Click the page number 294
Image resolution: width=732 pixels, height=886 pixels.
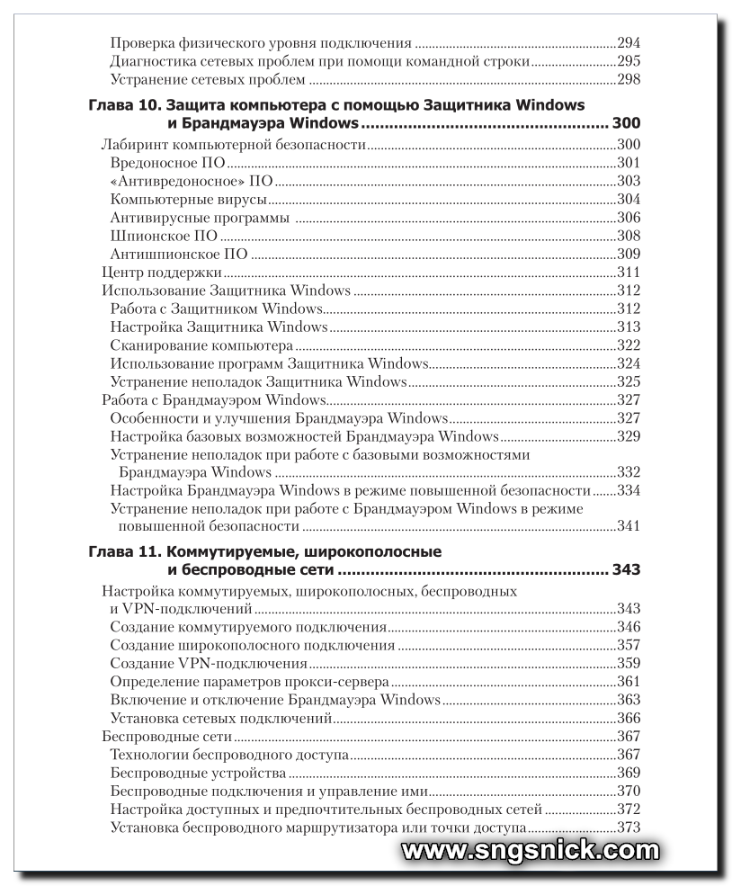point(628,42)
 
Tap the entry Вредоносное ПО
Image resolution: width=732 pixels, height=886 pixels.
point(166,162)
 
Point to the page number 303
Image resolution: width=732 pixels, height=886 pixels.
point(628,181)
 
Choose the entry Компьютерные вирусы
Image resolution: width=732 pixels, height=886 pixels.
point(188,199)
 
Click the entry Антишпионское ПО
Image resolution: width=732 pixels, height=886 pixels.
point(178,254)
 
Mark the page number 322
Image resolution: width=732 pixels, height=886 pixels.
point(628,345)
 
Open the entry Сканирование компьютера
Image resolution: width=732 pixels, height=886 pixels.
point(201,345)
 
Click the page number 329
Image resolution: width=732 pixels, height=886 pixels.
point(628,436)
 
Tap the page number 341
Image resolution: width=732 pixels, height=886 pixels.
point(628,526)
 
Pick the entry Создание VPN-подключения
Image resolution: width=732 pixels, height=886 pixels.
point(209,664)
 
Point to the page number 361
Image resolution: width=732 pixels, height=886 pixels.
point(628,682)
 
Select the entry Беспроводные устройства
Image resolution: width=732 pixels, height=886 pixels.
point(198,773)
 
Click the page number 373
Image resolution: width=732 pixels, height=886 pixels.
point(628,828)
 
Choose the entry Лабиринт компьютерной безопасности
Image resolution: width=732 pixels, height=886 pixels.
point(234,144)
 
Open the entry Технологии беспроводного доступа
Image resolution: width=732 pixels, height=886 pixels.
point(229,755)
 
